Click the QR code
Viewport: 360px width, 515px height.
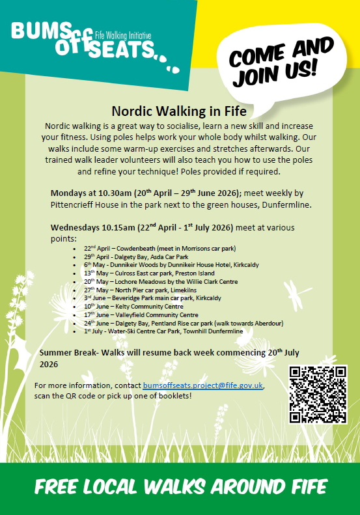(x=318, y=395)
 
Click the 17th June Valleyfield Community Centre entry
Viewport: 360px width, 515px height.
(x=141, y=314)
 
